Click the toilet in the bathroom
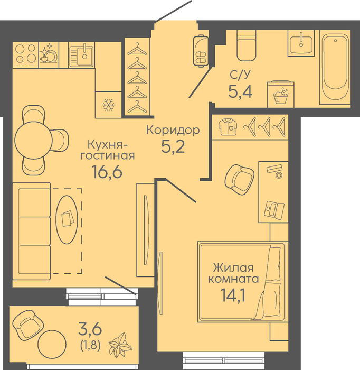click(x=246, y=45)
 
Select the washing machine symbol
click(x=281, y=95)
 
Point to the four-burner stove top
click(x=25, y=55)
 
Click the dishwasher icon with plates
click(x=49, y=55)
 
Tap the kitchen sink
click(x=81, y=55)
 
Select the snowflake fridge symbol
click(x=109, y=105)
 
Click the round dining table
click(x=33, y=141)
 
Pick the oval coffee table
click(x=67, y=219)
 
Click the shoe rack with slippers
click(x=201, y=51)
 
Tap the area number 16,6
click(x=107, y=172)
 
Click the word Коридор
click(x=173, y=130)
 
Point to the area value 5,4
click(x=240, y=91)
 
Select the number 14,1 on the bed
click(x=233, y=295)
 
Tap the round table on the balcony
click(x=52, y=345)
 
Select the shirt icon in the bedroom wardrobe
click(x=228, y=127)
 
